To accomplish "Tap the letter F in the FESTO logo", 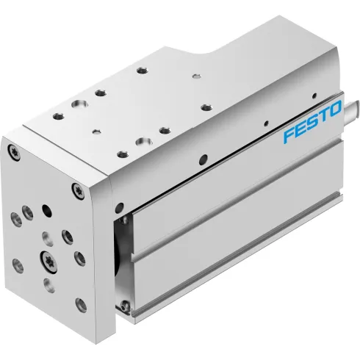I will (289, 136).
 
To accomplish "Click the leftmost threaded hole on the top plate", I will (54, 116).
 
